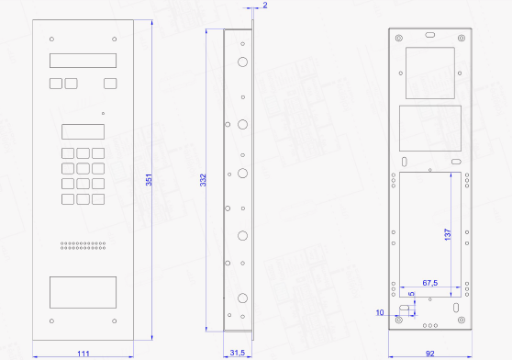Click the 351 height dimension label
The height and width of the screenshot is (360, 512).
point(149,180)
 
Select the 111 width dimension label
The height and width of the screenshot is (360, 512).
point(83,354)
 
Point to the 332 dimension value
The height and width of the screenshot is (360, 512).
point(203,180)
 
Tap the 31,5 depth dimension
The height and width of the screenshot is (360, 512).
point(238,353)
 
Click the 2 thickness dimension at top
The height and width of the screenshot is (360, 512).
point(265,6)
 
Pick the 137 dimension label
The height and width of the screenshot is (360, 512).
point(448,234)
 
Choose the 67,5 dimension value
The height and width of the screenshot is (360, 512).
point(430,283)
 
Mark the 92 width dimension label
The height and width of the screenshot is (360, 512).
point(430,354)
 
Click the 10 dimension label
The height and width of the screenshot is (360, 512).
point(380,312)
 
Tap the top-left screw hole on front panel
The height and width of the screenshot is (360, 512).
point(51,39)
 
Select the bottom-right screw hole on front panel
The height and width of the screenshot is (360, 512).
point(115,321)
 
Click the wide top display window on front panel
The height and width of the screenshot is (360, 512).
point(83,61)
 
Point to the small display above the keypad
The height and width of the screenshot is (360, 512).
point(83,131)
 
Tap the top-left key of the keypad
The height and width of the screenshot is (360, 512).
point(68,153)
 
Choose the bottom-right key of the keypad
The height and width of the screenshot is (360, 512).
point(98,199)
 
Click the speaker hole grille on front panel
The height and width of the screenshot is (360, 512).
point(83,245)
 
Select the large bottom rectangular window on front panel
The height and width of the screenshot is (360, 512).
point(83,292)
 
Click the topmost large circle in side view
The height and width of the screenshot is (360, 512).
point(242,62)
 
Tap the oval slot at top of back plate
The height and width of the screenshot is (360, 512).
point(430,35)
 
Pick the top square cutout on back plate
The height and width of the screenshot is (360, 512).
point(430,73)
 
